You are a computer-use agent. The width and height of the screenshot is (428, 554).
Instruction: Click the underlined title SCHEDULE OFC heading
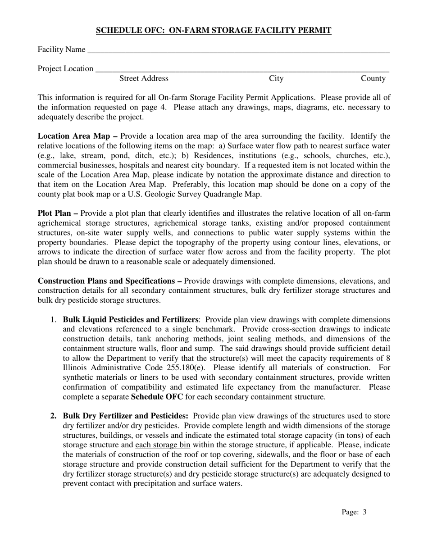click(214, 31)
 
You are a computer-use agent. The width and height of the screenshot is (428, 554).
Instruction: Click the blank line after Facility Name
click(238, 50)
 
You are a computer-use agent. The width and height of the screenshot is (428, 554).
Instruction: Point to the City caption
click(276, 79)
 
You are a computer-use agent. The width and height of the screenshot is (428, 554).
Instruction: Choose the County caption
click(373, 79)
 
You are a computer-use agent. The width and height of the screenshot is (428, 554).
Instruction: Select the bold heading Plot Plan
click(56, 213)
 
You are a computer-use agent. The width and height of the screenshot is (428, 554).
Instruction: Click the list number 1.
click(53, 319)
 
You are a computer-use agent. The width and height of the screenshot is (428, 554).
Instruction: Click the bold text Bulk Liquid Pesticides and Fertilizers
click(131, 319)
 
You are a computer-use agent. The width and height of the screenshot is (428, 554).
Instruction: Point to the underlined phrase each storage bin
click(162, 445)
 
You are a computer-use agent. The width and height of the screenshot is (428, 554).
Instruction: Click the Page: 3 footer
click(354, 512)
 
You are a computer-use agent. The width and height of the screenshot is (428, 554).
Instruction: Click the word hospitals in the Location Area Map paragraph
click(124, 165)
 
